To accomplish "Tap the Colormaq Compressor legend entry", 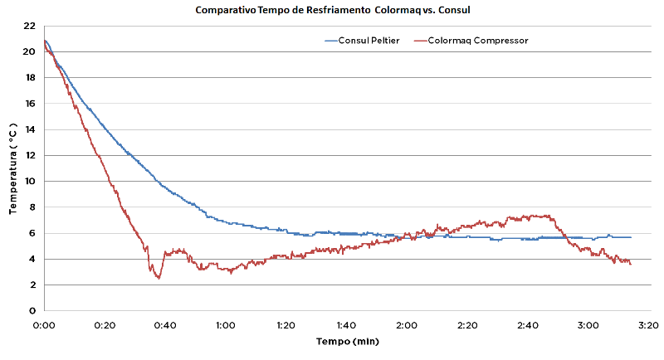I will pyautogui.click(x=477, y=40).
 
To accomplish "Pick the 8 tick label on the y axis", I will pyautogui.click(x=31, y=207).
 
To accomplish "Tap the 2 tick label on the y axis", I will pyautogui.click(x=31, y=285).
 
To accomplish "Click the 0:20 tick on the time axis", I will pyautogui.click(x=105, y=325).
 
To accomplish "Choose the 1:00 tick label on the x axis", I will pyautogui.click(x=225, y=325).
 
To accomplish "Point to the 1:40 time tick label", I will pyautogui.click(x=345, y=325).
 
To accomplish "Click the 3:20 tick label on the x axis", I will pyautogui.click(x=647, y=325).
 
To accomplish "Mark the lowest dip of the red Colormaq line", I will pyautogui.click(x=158, y=278).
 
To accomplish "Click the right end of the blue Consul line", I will pyautogui.click(x=631, y=237).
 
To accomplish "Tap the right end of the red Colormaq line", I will pyautogui.click(x=631, y=264).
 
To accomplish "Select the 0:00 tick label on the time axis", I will pyautogui.click(x=44, y=325).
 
